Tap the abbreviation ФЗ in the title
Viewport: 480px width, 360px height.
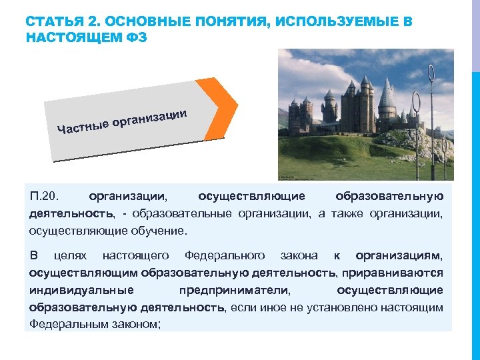pyautogui.click(x=133, y=37)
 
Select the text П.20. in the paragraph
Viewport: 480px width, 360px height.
pyautogui.click(x=45, y=197)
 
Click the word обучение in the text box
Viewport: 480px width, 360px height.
pyautogui.click(x=160, y=231)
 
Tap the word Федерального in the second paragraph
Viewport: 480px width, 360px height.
pyautogui.click(x=225, y=255)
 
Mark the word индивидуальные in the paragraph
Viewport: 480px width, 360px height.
pyautogui.click(x=81, y=290)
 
